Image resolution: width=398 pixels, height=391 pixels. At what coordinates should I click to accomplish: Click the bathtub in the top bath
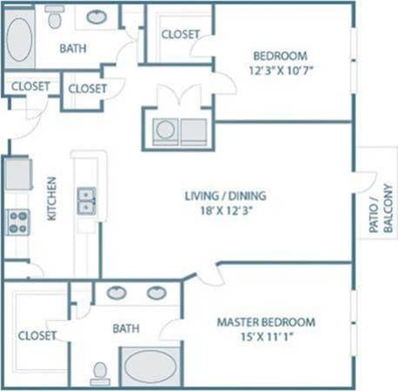tap(20, 39)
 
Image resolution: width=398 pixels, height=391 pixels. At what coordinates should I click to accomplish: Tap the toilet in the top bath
tap(55, 17)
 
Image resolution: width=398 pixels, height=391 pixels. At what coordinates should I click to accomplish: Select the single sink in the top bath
tap(96, 17)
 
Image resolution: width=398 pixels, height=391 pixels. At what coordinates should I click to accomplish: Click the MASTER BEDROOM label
tap(266, 322)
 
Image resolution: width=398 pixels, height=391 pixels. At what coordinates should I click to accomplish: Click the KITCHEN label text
tap(51, 198)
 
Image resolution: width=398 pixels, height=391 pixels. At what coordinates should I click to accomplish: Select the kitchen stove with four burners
tap(18, 222)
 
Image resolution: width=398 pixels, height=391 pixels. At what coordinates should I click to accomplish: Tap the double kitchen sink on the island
tap(86, 201)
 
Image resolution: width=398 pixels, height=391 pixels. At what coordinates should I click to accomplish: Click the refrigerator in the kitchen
tap(17, 173)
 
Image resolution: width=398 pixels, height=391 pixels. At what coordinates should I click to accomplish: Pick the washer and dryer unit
tap(179, 131)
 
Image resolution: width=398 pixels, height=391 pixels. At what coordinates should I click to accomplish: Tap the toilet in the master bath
tap(101, 372)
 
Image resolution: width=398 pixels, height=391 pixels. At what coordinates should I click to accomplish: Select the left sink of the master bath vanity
tap(116, 293)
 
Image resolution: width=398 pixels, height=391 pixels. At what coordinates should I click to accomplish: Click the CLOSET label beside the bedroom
tap(181, 35)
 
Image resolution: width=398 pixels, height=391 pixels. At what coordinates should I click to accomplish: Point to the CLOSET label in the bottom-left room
tap(37, 335)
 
